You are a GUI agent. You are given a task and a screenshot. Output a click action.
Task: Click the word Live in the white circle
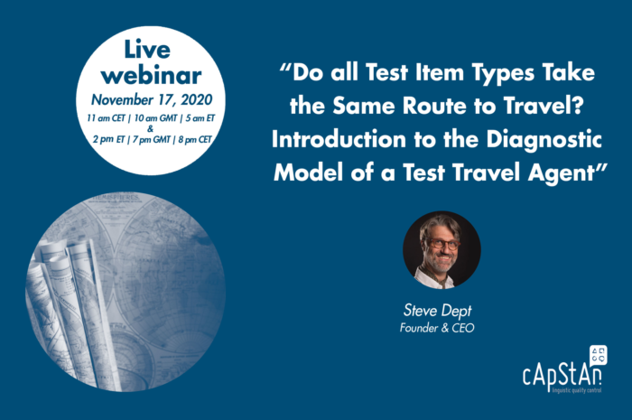coord(147,50)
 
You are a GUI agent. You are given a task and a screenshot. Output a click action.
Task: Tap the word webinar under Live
coord(151,75)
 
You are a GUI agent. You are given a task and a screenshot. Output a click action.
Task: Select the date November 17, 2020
coord(152,99)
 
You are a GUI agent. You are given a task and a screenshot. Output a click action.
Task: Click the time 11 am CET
coord(106,118)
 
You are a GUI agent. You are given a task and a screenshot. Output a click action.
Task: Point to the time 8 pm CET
coord(195,139)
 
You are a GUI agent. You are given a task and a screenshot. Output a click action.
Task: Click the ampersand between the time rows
coord(151,129)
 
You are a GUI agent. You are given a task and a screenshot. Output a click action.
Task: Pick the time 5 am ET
coord(200,118)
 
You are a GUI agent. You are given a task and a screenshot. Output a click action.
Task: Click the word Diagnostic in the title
coord(544,139)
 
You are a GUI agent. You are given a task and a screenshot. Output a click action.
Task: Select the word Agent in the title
coord(561,173)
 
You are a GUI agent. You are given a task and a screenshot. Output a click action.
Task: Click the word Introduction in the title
coord(339,139)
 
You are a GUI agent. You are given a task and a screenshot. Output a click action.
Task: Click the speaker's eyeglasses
coord(442,244)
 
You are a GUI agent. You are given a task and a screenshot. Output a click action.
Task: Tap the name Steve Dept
coord(437,311)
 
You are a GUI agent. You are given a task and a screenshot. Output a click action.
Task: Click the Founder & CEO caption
coord(437,328)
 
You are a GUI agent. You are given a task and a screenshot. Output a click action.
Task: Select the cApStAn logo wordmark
coord(562,376)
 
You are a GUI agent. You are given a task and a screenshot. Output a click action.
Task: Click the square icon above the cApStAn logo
coord(598,355)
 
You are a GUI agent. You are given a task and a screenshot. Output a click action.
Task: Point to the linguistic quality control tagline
coord(577,390)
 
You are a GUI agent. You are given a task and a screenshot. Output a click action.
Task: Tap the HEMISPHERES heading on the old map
coord(116,198)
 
